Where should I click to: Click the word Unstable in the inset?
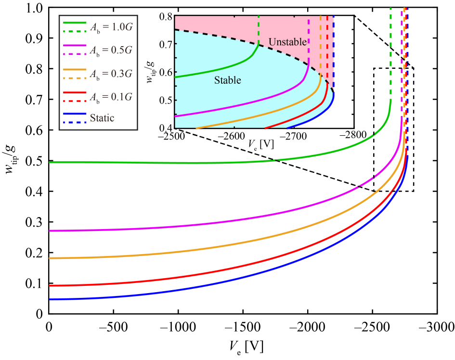click(287, 42)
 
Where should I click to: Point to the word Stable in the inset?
click(227, 80)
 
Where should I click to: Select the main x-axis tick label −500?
click(113, 325)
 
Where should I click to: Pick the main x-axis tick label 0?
click(48, 325)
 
